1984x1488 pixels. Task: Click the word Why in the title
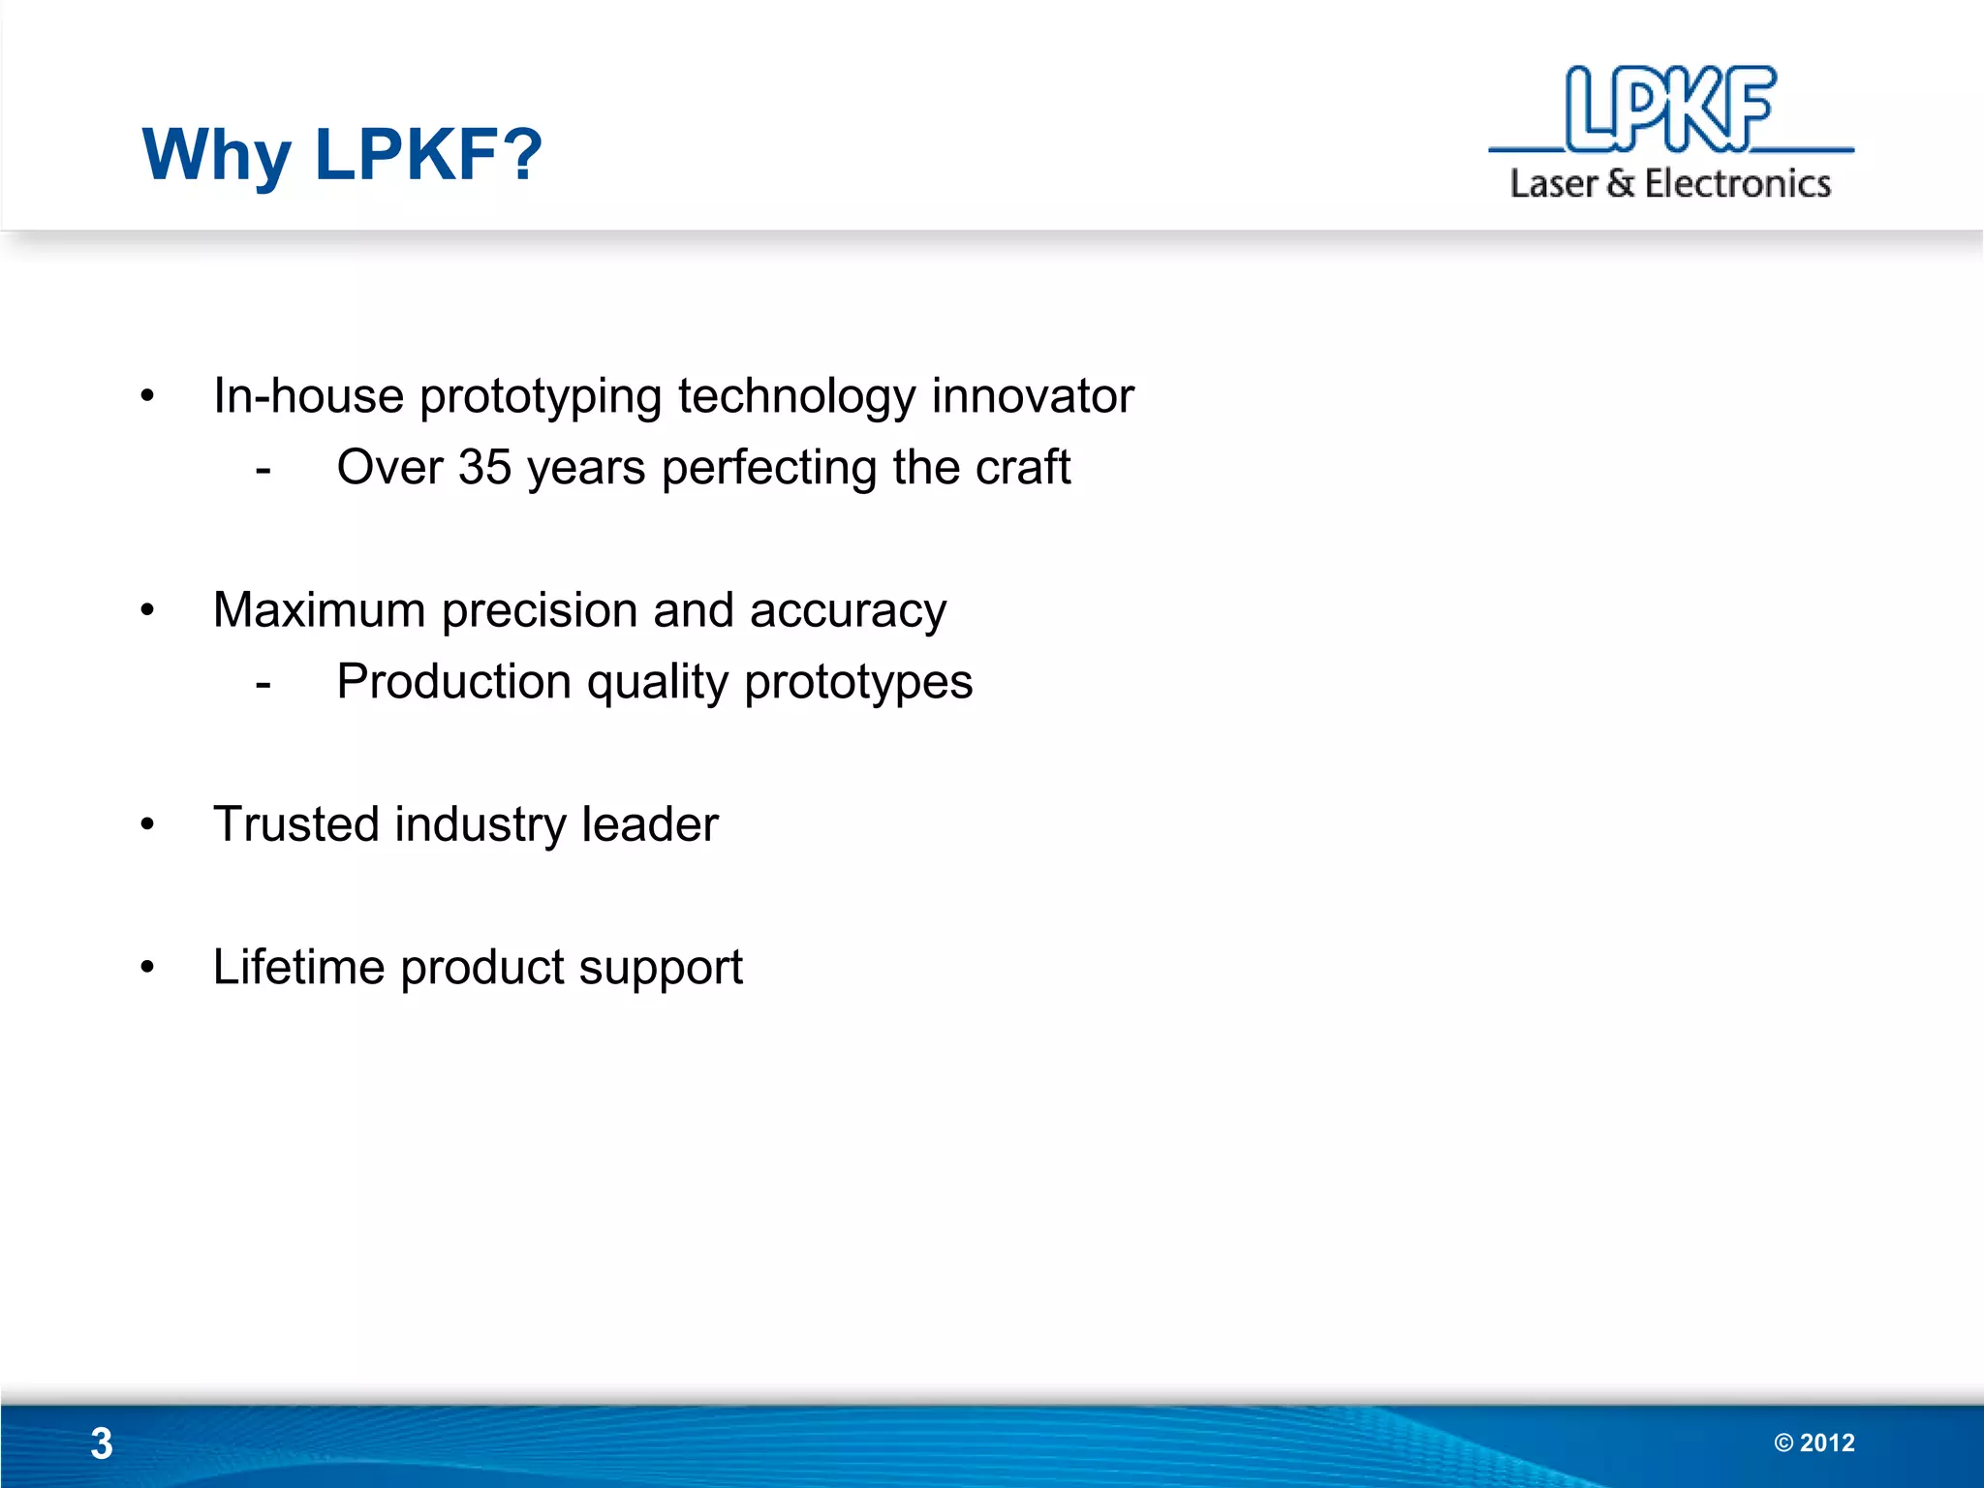216,155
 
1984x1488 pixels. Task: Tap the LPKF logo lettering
1671,109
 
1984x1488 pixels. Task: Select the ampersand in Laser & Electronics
1620,183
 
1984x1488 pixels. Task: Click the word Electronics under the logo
1738,183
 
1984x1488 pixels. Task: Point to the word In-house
308,395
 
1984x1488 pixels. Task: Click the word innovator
1033,395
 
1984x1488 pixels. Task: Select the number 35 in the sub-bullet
484,467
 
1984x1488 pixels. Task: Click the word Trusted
295,824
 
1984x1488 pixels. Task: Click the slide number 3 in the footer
102,1443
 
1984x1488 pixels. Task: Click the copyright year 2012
1827,1442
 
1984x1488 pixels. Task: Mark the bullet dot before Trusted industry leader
147,825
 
